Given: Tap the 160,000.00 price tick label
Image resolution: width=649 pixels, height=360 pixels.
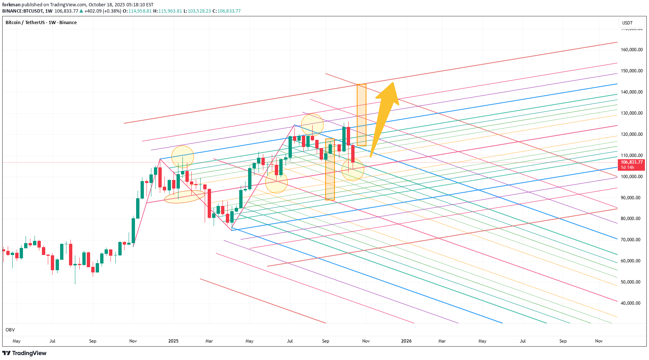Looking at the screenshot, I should (x=632, y=50).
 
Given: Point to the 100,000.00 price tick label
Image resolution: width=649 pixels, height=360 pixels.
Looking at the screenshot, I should (x=632, y=177).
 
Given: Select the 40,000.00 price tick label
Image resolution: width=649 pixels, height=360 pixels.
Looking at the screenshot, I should (x=632, y=303).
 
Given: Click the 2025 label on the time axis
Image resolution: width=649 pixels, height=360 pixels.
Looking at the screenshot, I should (x=173, y=341).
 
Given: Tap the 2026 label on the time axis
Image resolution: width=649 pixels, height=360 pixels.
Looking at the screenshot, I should (x=406, y=341).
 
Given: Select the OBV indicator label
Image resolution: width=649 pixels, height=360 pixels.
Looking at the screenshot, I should (x=10, y=330).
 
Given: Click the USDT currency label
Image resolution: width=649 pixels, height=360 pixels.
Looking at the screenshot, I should (x=627, y=23).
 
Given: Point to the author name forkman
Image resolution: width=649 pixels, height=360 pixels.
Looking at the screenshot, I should (x=11, y=5).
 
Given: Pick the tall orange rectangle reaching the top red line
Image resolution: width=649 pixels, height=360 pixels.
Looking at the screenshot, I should (x=361, y=115).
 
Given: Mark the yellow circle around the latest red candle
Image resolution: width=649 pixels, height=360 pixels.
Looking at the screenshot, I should (x=352, y=170).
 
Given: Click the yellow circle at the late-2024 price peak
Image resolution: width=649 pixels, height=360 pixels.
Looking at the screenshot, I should (x=182, y=157).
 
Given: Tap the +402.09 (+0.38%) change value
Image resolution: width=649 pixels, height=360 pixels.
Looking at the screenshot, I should (x=103, y=11).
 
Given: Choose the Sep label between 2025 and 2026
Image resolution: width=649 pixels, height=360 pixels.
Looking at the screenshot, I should (x=326, y=341).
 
